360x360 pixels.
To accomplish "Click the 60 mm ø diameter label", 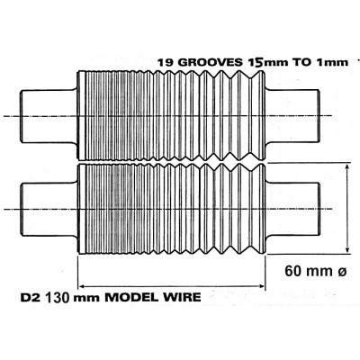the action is tap(316, 271).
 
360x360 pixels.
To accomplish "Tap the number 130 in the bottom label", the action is tap(58, 297).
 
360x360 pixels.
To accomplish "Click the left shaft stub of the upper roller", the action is tap(49, 116).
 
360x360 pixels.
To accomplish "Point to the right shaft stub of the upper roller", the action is tap(292, 116).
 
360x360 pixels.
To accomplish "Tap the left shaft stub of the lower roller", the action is tap(49, 209).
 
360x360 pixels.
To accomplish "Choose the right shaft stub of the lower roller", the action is tap(292, 209).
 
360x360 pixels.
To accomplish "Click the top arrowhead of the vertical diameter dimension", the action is tap(347, 166).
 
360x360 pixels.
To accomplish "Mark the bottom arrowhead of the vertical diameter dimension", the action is tap(347, 251).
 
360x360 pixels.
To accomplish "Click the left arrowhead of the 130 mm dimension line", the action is tap(82, 286).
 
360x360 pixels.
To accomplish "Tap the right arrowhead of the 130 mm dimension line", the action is tap(261, 286).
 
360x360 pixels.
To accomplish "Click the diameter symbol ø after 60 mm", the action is tap(342, 272).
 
